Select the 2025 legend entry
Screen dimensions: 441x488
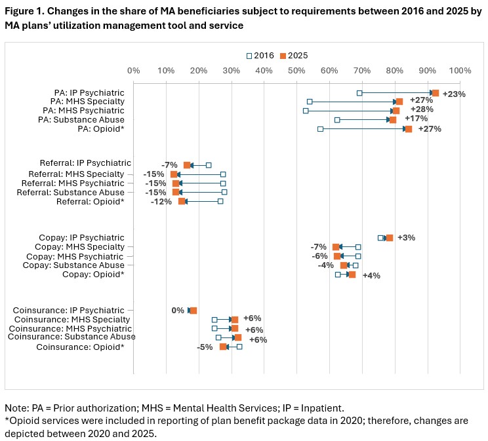pos(293,56)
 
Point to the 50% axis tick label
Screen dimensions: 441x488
pos(296,71)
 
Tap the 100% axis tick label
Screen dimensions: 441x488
pos(460,71)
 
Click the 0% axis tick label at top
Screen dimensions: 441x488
pos(133,71)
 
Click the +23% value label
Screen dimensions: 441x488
pos(454,94)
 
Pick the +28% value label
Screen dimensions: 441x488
pos(422,109)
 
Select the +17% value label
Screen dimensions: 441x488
pos(417,119)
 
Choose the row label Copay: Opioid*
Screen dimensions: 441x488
pos(93,275)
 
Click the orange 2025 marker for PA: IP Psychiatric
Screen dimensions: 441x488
pos(435,93)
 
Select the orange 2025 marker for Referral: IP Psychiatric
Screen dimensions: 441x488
pos(187,165)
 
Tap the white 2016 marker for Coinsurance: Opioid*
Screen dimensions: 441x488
pos(239,347)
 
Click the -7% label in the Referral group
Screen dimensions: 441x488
pos(170,164)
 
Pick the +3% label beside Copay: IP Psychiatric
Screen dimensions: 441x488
pos(405,237)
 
